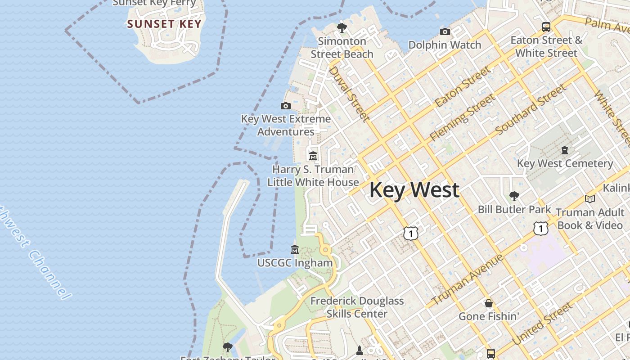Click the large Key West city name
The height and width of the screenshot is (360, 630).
pos(414,190)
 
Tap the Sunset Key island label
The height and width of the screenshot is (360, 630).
pos(164,24)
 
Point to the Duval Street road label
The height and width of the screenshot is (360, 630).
pos(349,94)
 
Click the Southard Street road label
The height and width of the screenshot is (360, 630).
pos(531,109)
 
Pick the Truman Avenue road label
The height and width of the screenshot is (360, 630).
pos(468,279)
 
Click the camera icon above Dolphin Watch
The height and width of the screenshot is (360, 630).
pos(445,31)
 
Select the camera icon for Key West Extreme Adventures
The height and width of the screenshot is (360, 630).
pos(285,106)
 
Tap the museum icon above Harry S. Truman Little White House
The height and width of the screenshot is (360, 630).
pos(313,156)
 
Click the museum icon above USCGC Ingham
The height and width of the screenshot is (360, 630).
pos(295,249)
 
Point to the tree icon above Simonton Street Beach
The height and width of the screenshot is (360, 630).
pos(342,28)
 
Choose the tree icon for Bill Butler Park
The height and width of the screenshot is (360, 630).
pos(514,196)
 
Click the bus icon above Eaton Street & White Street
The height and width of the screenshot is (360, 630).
pos(546,27)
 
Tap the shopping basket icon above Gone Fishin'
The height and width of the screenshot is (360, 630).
pos(489,303)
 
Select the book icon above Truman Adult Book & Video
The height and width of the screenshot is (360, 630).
pos(589,199)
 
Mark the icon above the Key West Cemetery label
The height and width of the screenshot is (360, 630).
pos(565,150)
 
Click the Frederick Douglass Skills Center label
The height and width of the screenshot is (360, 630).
pos(357,307)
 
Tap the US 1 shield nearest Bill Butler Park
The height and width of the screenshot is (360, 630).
pos(540,229)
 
